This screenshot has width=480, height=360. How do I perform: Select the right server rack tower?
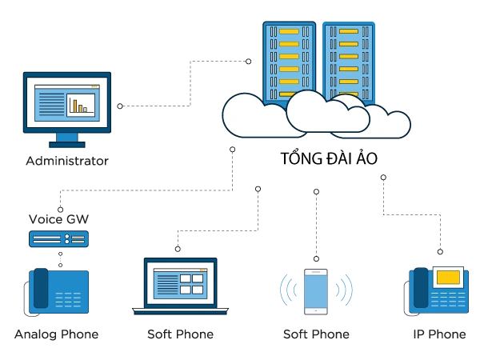[x=349, y=56]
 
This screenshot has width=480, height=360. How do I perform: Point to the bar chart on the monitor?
[x=80, y=105]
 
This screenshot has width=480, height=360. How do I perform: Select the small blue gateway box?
[x=58, y=238]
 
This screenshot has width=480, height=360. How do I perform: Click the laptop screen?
[x=179, y=283]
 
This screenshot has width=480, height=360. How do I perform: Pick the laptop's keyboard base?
[x=179, y=311]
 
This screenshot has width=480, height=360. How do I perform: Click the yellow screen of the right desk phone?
[x=449, y=278]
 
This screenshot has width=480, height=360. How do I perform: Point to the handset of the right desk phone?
[x=419, y=290]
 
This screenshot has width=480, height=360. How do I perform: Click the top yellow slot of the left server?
[x=289, y=31]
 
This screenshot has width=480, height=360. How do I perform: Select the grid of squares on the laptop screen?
[x=192, y=284]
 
